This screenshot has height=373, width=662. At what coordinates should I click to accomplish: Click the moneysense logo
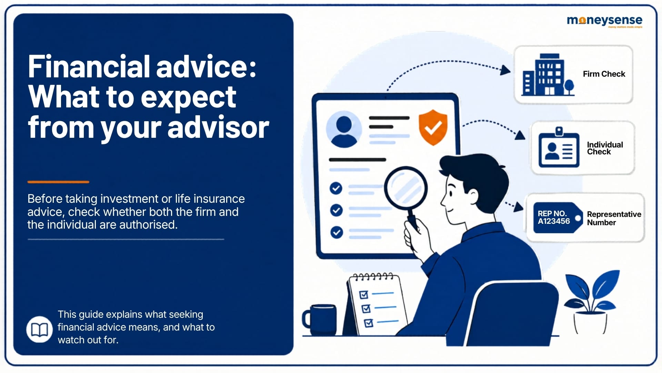(x=604, y=21)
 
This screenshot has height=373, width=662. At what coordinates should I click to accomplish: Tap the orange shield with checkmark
(x=433, y=127)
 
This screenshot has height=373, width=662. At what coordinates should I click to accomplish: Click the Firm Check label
(x=604, y=74)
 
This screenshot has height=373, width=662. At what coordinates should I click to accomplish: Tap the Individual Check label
(x=605, y=148)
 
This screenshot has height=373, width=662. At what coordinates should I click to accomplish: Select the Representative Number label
(x=614, y=218)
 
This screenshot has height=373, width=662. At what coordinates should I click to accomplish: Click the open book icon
(x=39, y=329)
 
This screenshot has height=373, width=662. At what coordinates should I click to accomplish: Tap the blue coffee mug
(x=319, y=319)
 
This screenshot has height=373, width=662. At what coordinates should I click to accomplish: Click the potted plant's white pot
(x=590, y=322)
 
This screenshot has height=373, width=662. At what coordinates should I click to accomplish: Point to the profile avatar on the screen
(x=344, y=129)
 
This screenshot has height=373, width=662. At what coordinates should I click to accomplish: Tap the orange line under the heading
(x=58, y=182)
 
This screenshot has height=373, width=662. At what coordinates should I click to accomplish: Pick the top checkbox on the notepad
(x=364, y=294)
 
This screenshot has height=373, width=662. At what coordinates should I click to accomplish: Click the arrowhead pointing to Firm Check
(x=506, y=70)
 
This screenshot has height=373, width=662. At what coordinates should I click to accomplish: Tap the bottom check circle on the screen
(x=337, y=232)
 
